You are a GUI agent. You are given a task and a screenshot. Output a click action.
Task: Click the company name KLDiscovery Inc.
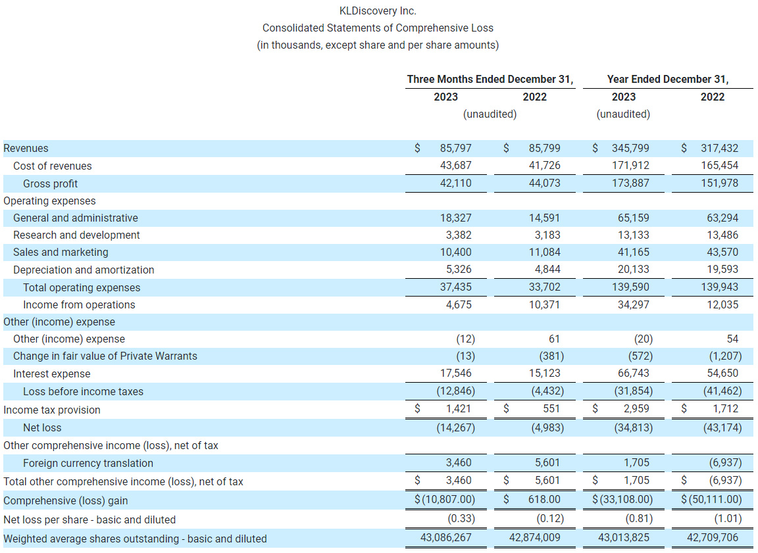tap(378, 11)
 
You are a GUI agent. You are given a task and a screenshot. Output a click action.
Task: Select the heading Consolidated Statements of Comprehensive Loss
tap(378, 28)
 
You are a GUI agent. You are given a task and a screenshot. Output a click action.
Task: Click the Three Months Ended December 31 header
tap(490, 79)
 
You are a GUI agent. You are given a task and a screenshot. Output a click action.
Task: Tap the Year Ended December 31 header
tap(667, 79)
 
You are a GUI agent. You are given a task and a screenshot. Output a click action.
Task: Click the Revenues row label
tap(26, 149)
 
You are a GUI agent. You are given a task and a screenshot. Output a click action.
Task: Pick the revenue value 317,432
tap(719, 149)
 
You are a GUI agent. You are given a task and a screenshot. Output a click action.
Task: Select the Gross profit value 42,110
tap(455, 183)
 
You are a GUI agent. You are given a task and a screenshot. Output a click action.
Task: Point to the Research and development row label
tap(76, 235)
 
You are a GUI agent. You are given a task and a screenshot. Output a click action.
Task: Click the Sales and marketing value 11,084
tap(544, 252)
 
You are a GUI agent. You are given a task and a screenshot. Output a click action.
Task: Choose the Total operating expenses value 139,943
tap(719, 287)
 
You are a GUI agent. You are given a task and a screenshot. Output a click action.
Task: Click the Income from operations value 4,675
tap(458, 304)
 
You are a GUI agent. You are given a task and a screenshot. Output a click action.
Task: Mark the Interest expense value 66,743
tap(633, 373)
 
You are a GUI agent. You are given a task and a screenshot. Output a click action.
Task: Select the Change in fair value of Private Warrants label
tap(105, 356)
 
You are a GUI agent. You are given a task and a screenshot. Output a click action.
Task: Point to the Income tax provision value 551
tap(551, 409)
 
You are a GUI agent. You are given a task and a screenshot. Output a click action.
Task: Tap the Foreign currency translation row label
tap(88, 463)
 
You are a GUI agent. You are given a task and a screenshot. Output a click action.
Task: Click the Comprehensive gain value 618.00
tap(544, 500)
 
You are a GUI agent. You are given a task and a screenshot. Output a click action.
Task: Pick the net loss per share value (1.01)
tap(728, 519)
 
